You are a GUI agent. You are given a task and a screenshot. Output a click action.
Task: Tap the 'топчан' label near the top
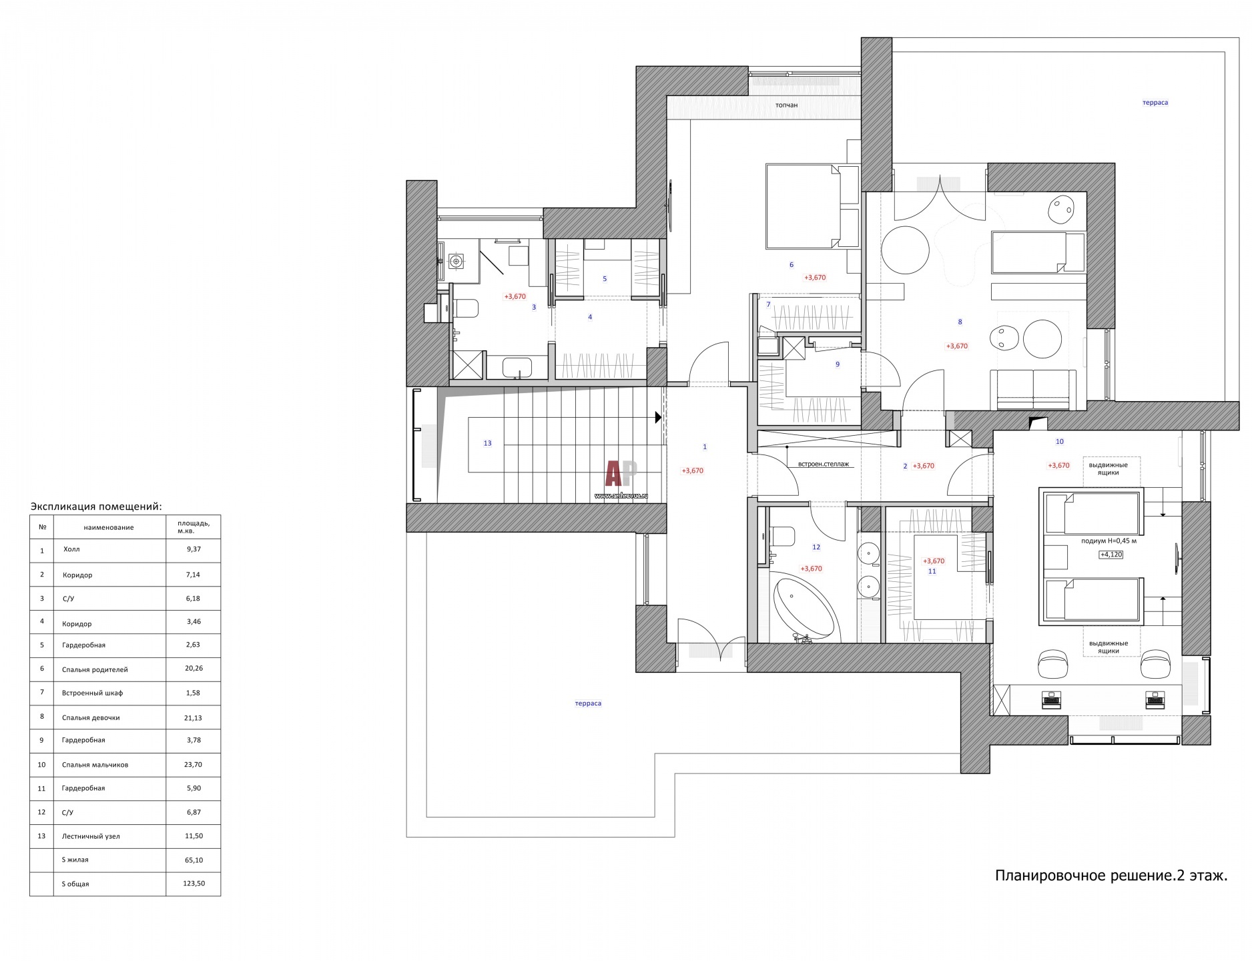pos(786,105)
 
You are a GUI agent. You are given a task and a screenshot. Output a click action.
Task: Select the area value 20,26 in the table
pos(194,668)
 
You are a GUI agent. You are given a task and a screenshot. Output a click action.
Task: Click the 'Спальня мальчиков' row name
pos(95,765)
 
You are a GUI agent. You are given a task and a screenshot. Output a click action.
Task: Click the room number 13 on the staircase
pos(487,443)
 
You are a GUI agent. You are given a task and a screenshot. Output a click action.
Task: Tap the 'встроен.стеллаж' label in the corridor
pos(818,464)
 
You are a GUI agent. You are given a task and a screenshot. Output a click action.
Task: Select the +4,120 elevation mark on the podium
pos(1111,554)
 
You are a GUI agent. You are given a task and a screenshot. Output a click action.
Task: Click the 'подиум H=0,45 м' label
pos(1109,541)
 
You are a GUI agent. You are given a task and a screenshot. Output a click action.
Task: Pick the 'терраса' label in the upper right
pos(1155,103)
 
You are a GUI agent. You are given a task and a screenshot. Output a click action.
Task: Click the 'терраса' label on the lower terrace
pos(588,703)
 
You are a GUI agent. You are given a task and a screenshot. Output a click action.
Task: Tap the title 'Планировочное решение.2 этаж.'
pos(1111,875)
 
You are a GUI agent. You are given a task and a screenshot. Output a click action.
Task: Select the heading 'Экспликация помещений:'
pos(96,507)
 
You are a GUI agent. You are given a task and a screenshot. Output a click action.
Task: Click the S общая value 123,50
pos(194,884)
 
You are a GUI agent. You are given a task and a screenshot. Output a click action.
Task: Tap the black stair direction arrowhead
pos(658,418)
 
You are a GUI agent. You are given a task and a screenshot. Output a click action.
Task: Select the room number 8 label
pos(960,322)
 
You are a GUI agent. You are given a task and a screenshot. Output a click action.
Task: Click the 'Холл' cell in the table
pos(71,549)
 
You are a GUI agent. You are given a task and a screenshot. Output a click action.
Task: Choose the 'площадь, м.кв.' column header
pos(193,527)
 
